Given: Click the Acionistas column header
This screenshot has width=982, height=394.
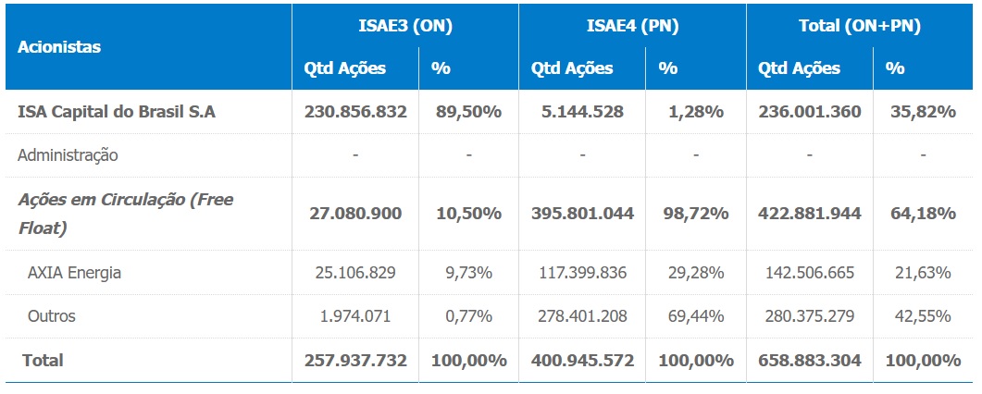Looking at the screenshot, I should pos(59,46).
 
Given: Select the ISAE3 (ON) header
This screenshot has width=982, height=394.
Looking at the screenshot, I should pos(405,26).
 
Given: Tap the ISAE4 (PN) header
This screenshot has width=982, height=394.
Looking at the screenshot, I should pos(632,26).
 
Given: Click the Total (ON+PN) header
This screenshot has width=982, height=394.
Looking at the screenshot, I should pos(859,26).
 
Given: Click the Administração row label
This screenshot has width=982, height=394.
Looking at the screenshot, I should pos(68,155).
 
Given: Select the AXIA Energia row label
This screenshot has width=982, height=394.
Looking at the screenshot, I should pos(74,273).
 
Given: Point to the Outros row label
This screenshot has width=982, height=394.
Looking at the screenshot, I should pos(52,316).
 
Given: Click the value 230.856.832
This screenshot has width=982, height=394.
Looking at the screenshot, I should pos(355,112).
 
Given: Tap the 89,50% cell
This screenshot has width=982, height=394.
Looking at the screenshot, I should pos(468,112).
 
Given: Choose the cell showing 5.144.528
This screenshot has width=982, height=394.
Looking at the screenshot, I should pos(582,112).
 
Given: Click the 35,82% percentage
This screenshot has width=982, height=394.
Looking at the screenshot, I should pos(922,112).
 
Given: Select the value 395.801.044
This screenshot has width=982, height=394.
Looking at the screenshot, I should pos(582,214).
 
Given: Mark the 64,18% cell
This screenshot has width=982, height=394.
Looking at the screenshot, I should pos(922,214).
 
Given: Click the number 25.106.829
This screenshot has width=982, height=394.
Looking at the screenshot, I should pos(355,273).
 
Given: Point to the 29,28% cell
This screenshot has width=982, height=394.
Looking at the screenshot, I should pos(695,273).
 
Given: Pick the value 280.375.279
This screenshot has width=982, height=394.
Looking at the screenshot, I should pos(809,316).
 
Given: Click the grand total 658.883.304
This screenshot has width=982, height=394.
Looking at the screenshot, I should pos(809,360).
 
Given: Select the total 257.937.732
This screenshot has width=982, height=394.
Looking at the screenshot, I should pos(355,360).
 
